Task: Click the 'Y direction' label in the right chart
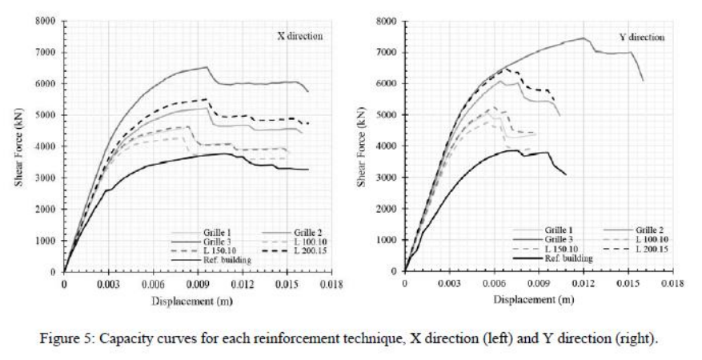[x=642, y=37]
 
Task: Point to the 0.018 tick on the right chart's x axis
[x=672, y=282]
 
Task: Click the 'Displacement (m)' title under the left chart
[x=187, y=299]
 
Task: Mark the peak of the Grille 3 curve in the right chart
[x=584, y=38]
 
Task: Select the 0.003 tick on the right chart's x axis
[x=449, y=282]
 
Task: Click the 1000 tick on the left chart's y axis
[x=44, y=240]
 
